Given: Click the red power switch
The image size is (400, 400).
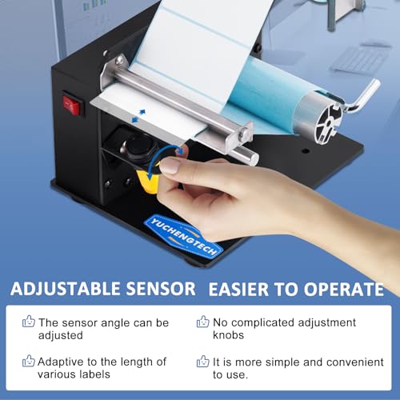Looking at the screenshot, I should [x=74, y=105].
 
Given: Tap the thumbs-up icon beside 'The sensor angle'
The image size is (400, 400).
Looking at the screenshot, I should [x=28, y=322].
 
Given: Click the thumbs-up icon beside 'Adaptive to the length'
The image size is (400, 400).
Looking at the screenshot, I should [x=28, y=362].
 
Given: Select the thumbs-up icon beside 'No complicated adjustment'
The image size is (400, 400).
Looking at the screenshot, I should [x=202, y=322].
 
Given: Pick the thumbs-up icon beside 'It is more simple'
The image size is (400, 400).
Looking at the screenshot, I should [x=202, y=362].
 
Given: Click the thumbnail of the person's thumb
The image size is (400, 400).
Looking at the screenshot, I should [x=170, y=166].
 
